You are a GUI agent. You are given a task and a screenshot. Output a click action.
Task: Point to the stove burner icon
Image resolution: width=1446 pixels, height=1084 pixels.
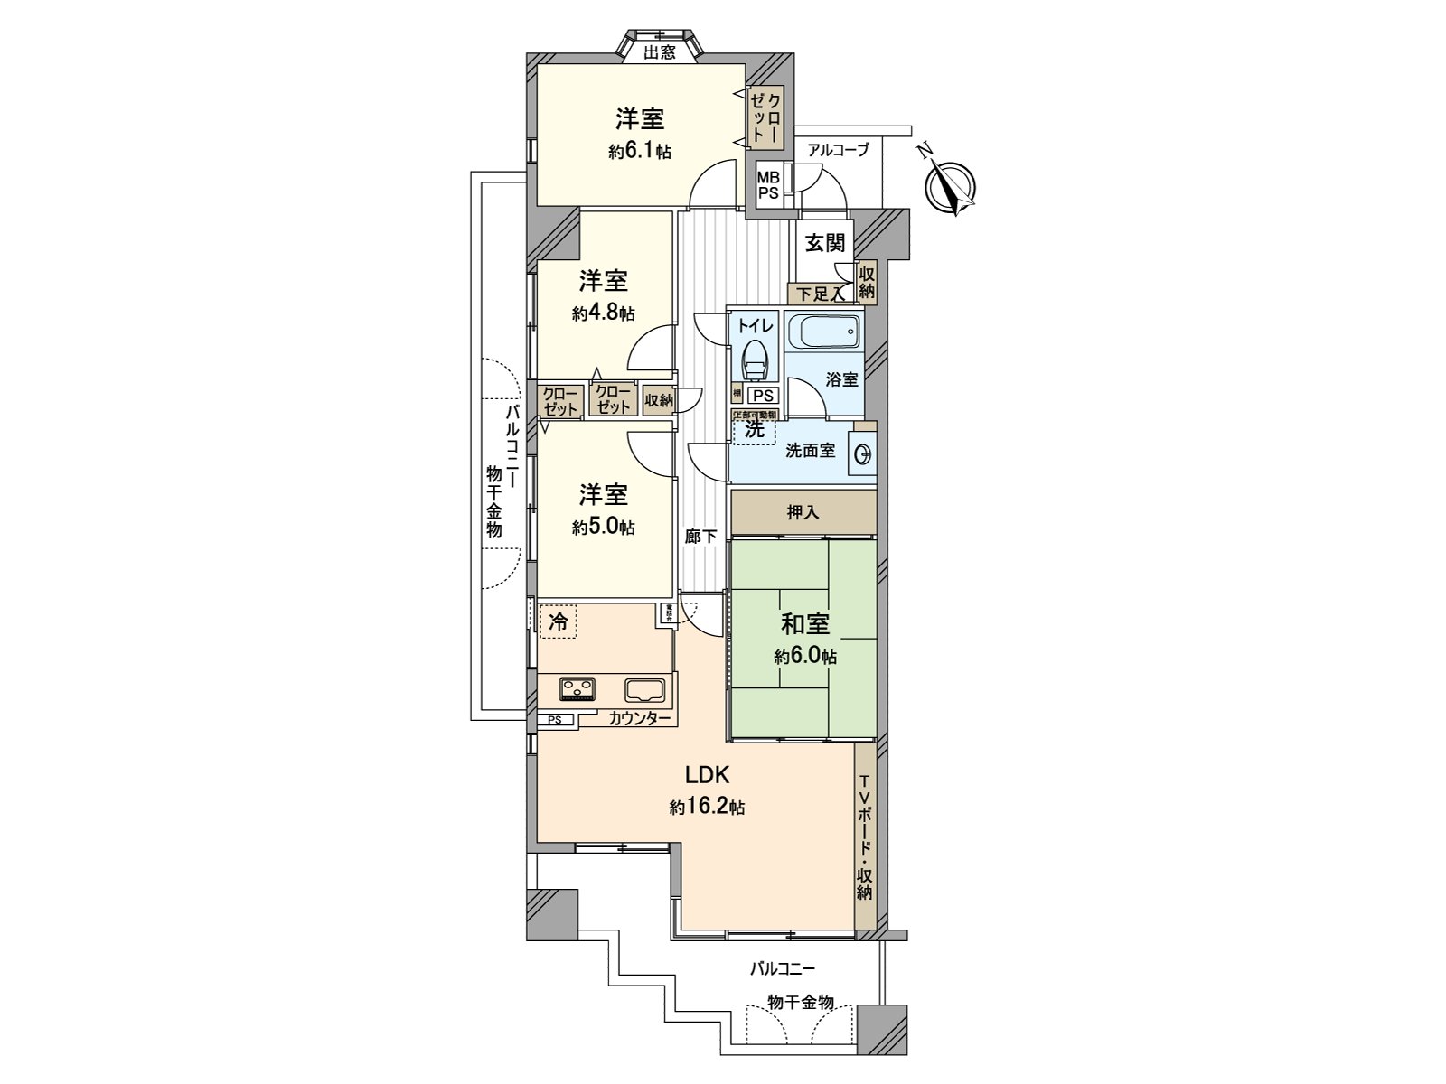[578, 689]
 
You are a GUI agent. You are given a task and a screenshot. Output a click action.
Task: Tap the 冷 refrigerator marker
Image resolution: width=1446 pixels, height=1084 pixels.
[559, 621]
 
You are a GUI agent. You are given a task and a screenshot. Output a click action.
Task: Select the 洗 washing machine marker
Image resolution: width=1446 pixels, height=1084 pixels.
[754, 430]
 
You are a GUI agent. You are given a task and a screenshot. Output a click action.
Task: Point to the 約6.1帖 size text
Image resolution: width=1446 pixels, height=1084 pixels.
[640, 151]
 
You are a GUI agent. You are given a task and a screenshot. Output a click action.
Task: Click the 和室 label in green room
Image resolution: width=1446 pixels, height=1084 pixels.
[804, 624]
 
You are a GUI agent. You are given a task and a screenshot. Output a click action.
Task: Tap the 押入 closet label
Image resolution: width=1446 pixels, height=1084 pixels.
[803, 512]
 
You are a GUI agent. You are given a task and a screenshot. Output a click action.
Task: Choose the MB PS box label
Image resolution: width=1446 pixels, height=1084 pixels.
[768, 185]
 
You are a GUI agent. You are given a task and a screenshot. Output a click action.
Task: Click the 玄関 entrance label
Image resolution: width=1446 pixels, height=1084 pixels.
[825, 243]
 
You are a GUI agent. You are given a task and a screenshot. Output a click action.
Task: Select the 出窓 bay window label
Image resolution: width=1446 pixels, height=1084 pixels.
[660, 52]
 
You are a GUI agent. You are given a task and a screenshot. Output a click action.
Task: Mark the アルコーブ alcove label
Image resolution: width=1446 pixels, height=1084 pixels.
[838, 150]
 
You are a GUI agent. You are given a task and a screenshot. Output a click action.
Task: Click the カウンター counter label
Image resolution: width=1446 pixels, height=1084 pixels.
[639, 719]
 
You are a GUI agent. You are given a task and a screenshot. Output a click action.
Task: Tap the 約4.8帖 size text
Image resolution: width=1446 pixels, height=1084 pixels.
[603, 313]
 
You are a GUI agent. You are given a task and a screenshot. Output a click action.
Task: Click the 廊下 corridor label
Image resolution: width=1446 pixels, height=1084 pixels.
[700, 536]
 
